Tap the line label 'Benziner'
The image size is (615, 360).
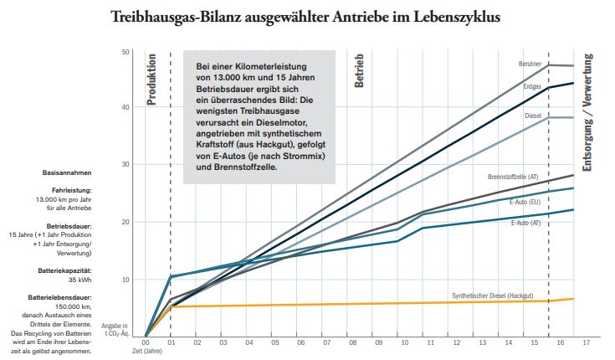click(x=530, y=64)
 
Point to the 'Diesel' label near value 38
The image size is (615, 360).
click(x=534, y=116)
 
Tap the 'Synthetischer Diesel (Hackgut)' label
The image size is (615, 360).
click(x=492, y=296)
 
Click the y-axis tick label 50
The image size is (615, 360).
click(x=126, y=52)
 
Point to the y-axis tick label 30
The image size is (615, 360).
click(x=126, y=165)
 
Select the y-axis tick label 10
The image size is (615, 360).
click(x=126, y=278)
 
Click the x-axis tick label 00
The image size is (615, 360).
click(x=146, y=342)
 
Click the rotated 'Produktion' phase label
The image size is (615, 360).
click(x=151, y=79)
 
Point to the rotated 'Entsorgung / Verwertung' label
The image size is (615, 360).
click(x=587, y=112)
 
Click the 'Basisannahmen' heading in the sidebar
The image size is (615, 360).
click(x=67, y=172)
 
